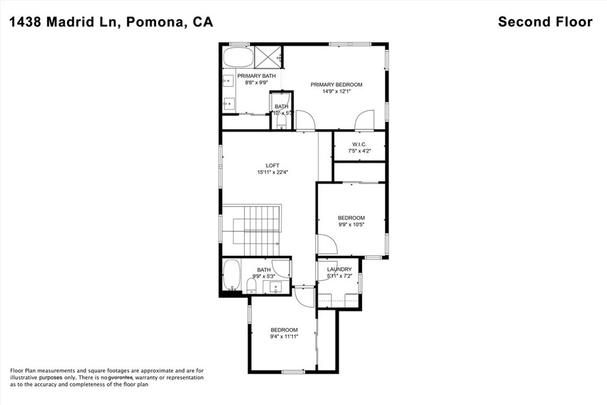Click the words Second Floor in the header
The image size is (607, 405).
click(x=545, y=22)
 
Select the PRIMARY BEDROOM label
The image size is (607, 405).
click(x=336, y=85)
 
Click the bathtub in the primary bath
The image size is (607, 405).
click(x=238, y=58)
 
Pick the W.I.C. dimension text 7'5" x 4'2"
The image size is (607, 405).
click(x=359, y=151)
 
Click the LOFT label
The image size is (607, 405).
click(x=272, y=165)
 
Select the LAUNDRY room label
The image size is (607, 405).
click(x=338, y=269)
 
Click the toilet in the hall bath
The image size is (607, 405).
click(x=251, y=287)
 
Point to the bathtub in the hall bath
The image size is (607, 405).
click(x=231, y=276)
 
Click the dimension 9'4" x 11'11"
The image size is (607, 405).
click(x=284, y=336)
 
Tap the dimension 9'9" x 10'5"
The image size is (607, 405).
click(x=351, y=224)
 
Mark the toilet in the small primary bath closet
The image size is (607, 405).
click(x=281, y=121)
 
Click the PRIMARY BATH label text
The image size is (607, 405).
click(x=257, y=76)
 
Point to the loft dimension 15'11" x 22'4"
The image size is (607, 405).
click(x=272, y=173)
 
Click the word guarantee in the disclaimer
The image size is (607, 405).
click(x=120, y=377)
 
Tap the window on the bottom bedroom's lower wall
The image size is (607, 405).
click(x=293, y=372)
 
